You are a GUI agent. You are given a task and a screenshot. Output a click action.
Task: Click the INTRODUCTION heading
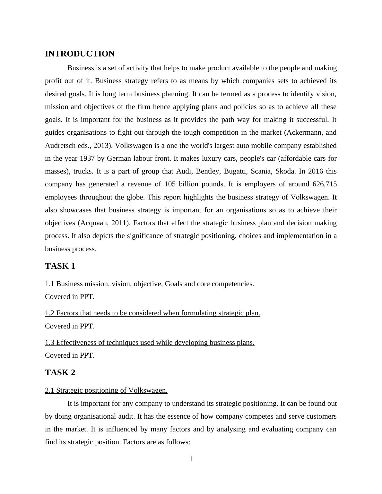pyautogui.click(x=80, y=54)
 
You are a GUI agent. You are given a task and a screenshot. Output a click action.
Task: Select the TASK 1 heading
pyautogui.click(x=60, y=266)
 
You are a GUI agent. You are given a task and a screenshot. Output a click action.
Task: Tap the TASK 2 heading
pyautogui.click(x=60, y=373)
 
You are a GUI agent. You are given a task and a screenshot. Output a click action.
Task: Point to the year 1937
pyautogui.click(x=87, y=158)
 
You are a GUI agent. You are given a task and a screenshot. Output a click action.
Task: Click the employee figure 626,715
pyautogui.click(x=324, y=184)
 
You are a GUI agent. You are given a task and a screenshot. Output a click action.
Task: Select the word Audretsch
pyautogui.click(x=60, y=146)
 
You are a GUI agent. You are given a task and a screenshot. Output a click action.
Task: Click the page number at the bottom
pyautogui.click(x=191, y=459)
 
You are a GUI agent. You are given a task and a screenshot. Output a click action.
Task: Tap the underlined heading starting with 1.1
pyautogui.click(x=150, y=284)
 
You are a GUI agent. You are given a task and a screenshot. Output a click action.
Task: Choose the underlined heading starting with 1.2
pyautogui.click(x=152, y=313)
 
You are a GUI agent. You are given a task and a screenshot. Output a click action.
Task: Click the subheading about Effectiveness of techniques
pyautogui.click(x=150, y=343)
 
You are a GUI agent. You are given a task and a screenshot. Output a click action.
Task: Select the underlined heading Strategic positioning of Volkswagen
pyautogui.click(x=106, y=390)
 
